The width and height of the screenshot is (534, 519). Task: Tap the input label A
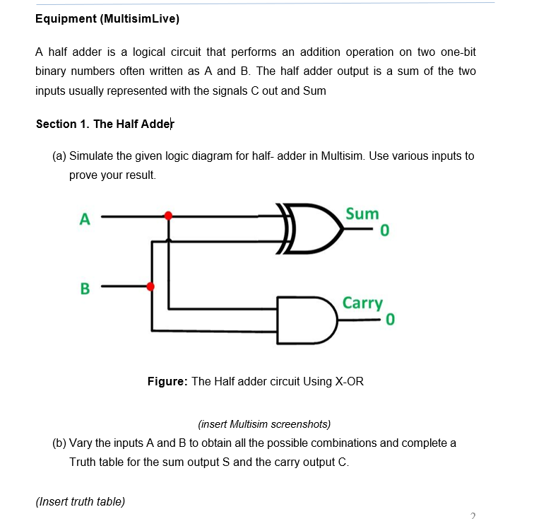click(85, 218)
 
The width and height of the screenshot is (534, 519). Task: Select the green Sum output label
click(362, 214)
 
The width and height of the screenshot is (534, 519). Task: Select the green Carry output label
click(362, 303)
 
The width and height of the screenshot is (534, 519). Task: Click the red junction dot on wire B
click(150, 286)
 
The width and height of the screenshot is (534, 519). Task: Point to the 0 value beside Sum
click(384, 231)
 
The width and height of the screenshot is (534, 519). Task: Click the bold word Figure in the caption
click(167, 381)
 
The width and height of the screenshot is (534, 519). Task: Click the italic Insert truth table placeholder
click(80, 501)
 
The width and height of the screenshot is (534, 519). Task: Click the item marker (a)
click(60, 156)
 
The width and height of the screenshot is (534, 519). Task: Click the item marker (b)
click(60, 443)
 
